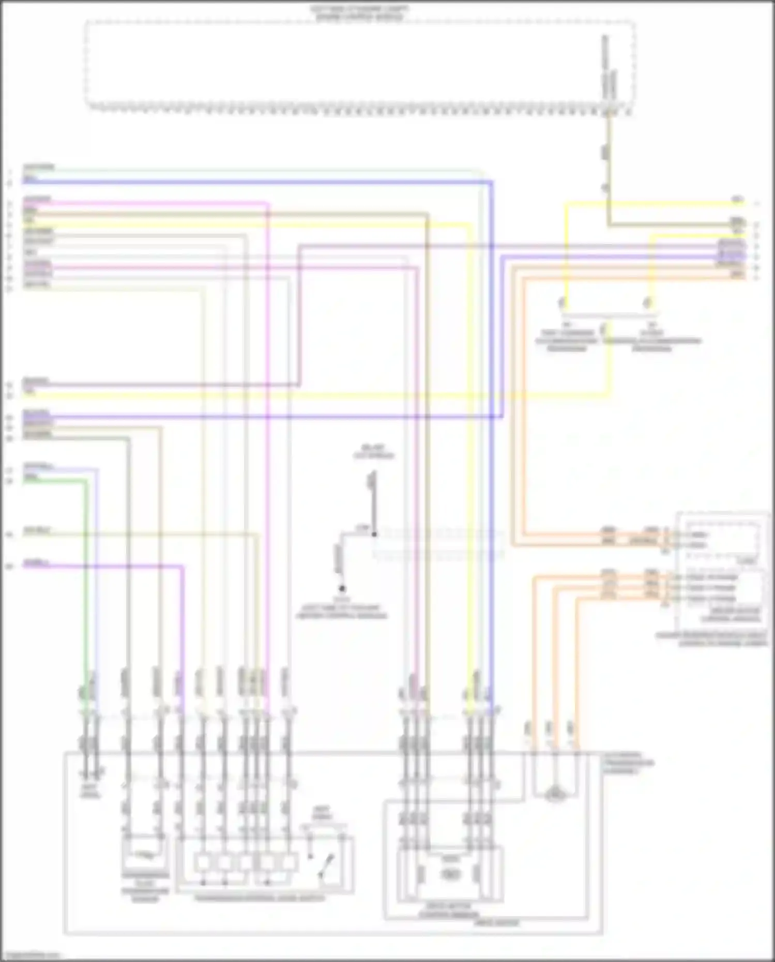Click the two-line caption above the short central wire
(373, 451)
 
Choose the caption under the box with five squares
(260, 898)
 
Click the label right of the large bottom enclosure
(627, 763)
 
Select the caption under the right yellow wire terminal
(652, 340)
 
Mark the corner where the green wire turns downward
(86, 481)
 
